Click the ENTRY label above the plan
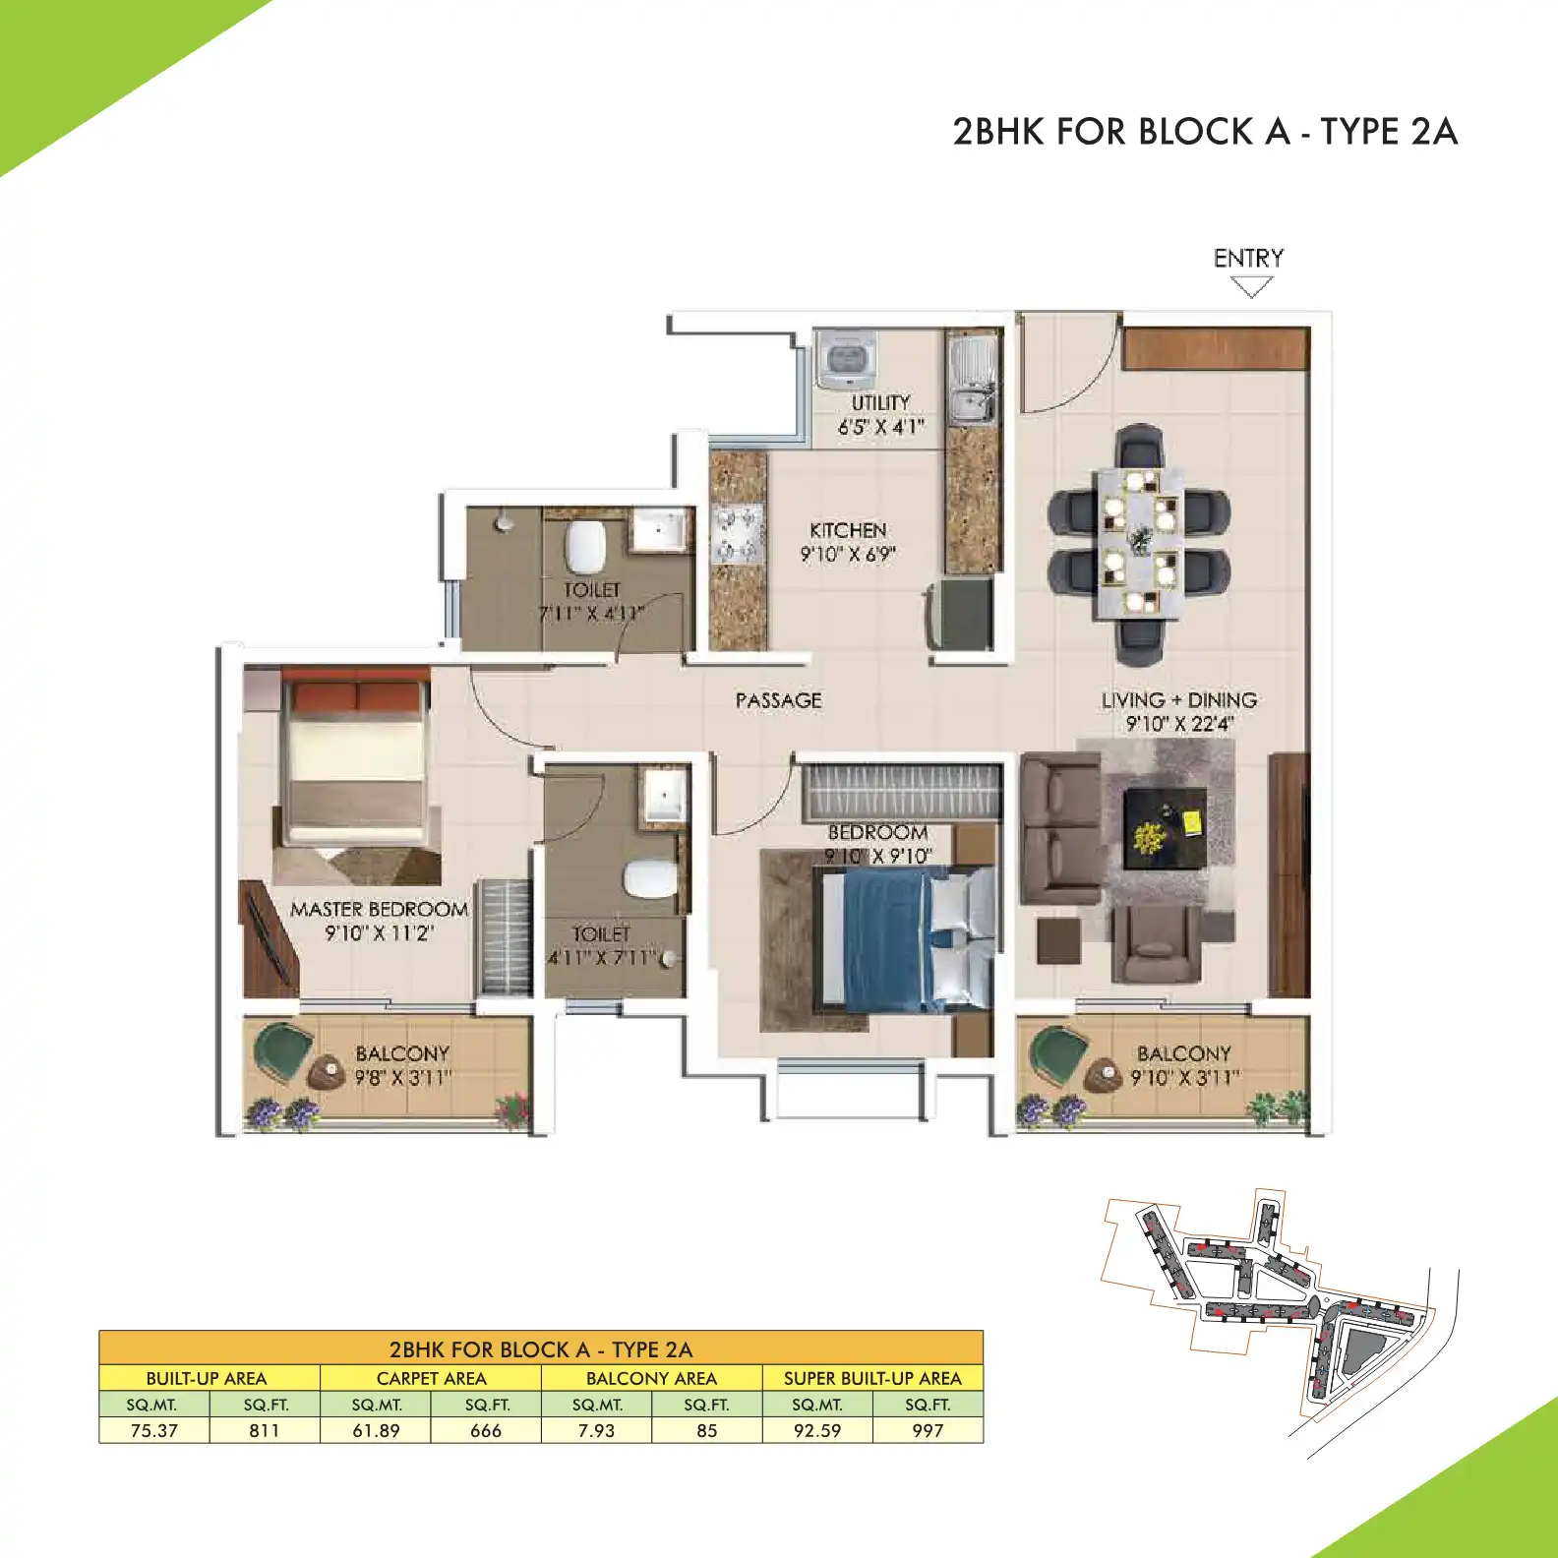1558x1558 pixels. tap(1248, 259)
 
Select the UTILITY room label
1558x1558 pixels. tap(880, 403)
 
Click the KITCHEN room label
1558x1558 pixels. tap(848, 530)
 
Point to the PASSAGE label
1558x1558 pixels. tap(778, 700)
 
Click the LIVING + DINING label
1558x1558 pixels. tap(1178, 700)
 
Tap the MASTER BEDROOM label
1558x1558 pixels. tap(379, 910)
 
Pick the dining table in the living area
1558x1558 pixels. tap(1139, 542)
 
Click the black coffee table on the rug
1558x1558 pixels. tap(1166, 826)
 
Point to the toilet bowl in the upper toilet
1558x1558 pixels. tap(586, 546)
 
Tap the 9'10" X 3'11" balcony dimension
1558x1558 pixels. tap(1184, 1078)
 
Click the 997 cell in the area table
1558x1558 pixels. tap(928, 1430)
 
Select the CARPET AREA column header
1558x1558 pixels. tap(431, 1378)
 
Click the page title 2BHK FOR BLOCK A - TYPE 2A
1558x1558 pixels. tap(1204, 132)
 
